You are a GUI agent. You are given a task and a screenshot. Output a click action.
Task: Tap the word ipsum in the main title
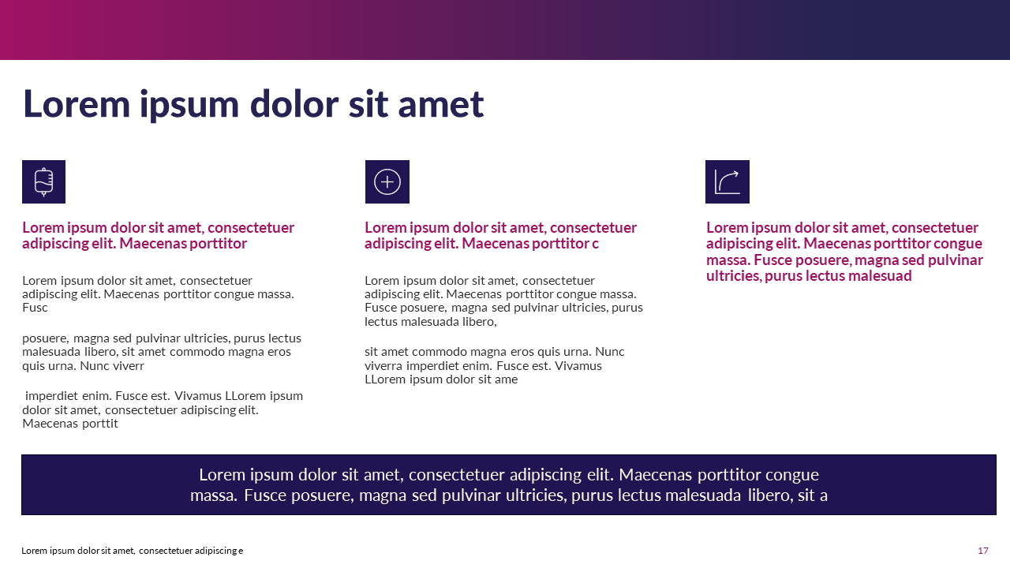pyautogui.click(x=189, y=104)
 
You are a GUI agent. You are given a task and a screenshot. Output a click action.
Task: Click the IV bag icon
pyautogui.click(x=44, y=181)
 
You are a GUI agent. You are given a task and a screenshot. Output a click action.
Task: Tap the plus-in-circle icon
pyautogui.click(x=387, y=181)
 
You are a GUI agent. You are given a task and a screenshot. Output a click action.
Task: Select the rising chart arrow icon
pyautogui.click(x=727, y=181)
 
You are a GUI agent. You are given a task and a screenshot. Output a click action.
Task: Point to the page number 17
pyautogui.click(x=982, y=551)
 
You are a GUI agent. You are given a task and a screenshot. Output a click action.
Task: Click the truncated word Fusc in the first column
pyautogui.click(x=35, y=308)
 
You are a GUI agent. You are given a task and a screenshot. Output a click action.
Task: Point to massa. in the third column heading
pyautogui.click(x=728, y=260)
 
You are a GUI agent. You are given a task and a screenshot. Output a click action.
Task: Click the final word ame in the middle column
pyautogui.click(x=505, y=379)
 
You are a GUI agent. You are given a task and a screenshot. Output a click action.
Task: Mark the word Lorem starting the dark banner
pyautogui.click(x=222, y=475)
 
